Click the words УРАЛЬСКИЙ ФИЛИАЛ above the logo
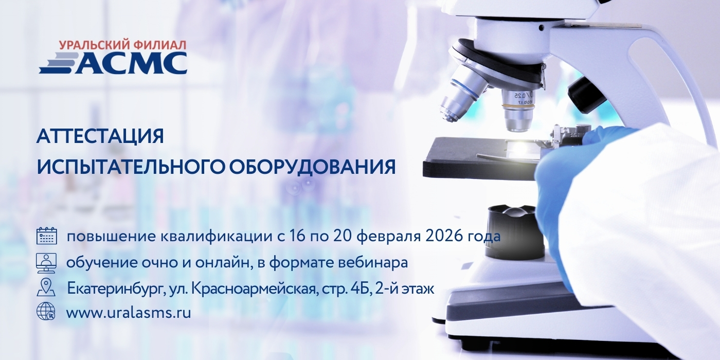tap(122, 45)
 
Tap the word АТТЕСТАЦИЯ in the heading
tap(100, 137)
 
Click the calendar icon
tap(46, 236)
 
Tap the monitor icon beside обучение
tap(46, 262)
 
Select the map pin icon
tap(46, 287)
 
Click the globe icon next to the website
tap(46, 312)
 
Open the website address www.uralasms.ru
tap(129, 313)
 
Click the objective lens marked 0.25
tap(518, 105)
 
